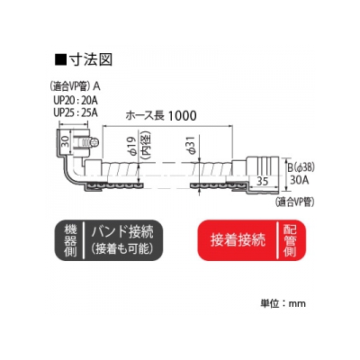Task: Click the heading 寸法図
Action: click(x=91, y=59)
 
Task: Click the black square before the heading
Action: click(x=60, y=59)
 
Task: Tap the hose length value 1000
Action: click(x=182, y=115)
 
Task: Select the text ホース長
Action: click(x=145, y=115)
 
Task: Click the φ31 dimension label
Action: click(x=193, y=145)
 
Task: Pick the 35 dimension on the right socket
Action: click(x=263, y=181)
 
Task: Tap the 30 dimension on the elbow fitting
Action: click(x=65, y=140)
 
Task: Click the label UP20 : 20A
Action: click(x=76, y=100)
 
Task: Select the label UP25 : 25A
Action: click(x=76, y=112)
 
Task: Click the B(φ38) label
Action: click(x=301, y=167)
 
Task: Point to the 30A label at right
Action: click(x=300, y=180)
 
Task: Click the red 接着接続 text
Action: click(x=238, y=239)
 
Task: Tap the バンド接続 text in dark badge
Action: click(x=122, y=232)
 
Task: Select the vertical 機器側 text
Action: click(x=70, y=240)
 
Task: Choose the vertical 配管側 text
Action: click(x=290, y=240)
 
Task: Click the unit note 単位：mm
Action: click(x=283, y=303)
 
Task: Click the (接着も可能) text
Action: click(x=122, y=249)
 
